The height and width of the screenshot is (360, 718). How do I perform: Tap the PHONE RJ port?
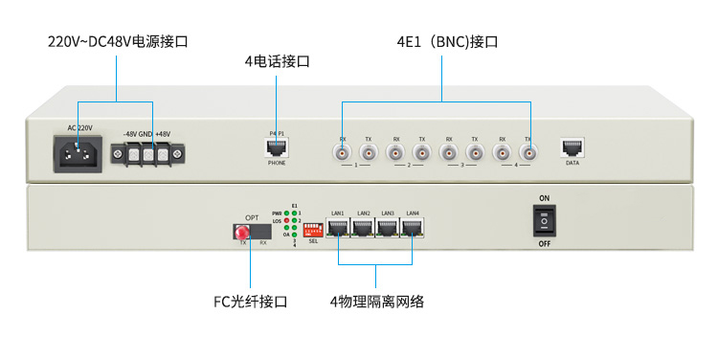click(277, 148)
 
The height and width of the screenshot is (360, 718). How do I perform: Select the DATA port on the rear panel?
click(572, 148)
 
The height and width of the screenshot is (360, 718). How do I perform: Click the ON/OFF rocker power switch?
click(545, 221)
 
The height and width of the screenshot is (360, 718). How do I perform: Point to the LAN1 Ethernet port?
click(337, 228)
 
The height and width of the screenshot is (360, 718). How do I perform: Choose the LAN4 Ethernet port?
click(412, 228)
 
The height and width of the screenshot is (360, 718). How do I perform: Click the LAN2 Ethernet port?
click(362, 228)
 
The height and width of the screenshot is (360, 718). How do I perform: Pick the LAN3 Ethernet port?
click(387, 228)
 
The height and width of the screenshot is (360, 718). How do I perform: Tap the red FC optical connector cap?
click(242, 232)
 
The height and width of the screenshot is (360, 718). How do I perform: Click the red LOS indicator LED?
click(288, 221)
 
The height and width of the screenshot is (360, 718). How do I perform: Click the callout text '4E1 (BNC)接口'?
click(448, 42)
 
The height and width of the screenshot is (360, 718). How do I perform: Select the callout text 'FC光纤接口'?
click(250, 302)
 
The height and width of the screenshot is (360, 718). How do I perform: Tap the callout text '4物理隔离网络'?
click(376, 302)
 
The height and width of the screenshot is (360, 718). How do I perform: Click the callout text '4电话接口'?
click(277, 62)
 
